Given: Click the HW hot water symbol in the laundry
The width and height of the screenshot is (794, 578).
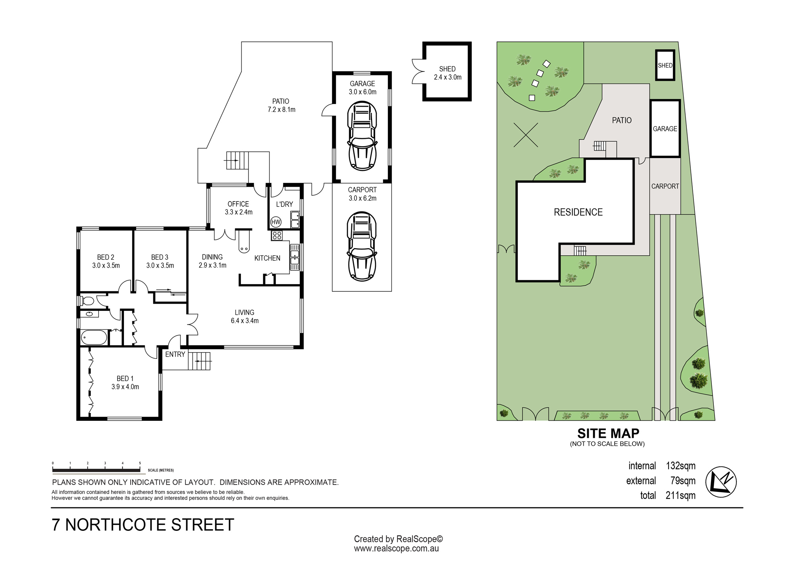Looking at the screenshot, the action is pos(276,222).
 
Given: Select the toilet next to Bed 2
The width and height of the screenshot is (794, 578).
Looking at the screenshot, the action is pos(87,301).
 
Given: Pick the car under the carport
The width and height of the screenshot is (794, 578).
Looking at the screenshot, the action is pos(362,247).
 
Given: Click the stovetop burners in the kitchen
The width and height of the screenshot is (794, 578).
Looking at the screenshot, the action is pos(277,235).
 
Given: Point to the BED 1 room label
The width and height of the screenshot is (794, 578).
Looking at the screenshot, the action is pos(125,379).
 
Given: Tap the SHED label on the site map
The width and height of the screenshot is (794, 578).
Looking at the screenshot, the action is pos(665,66).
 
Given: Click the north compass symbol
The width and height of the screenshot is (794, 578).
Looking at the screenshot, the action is pos(721,482).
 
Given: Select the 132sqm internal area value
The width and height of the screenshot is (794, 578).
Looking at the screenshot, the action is pos(681,466).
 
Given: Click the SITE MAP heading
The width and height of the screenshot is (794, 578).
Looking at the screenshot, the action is pos(608,433).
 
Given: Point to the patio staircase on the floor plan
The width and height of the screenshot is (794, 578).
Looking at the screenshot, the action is pos(237,160).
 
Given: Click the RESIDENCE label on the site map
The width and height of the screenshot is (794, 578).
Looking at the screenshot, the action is pos(578,212).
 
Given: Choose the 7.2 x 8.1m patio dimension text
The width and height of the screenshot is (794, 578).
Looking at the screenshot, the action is pos(281,110).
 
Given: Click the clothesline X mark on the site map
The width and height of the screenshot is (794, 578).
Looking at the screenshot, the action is pos(526,135).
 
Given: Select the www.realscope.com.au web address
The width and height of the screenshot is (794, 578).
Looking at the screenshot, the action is pos(396,549).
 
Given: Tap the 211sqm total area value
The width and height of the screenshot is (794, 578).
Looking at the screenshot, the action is pos(681,495).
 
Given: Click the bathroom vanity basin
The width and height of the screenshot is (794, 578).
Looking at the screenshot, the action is pos(90,314).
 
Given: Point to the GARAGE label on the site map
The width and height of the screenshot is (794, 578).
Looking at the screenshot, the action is pos(665,129).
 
